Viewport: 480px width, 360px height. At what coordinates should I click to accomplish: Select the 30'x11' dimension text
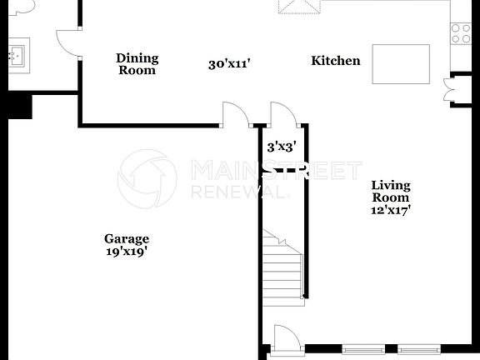[x=229, y=64]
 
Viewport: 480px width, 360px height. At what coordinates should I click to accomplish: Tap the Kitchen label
[x=336, y=61]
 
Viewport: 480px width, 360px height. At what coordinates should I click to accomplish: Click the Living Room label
[x=391, y=192]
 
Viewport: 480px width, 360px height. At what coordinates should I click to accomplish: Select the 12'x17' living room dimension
[x=391, y=211]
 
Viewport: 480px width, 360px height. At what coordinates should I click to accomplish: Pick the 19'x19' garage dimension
[x=127, y=251]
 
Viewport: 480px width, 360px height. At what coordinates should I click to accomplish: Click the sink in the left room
[x=16, y=56]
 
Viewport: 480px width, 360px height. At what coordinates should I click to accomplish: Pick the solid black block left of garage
[x=16, y=106]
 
